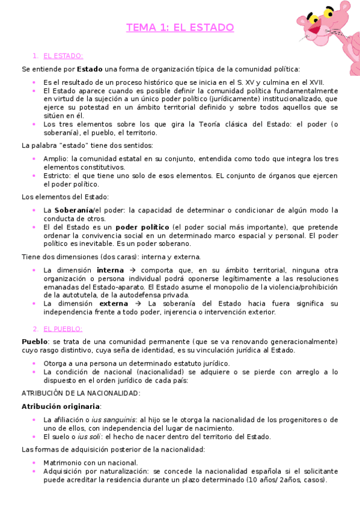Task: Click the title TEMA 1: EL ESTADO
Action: coord(180,28)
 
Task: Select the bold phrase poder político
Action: coord(142,227)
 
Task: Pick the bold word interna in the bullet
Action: coord(110,270)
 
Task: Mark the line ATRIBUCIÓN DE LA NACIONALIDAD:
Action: coord(81,393)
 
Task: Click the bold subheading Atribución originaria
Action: coord(61,406)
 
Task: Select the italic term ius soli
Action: coord(88,437)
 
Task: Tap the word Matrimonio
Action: coord(63,462)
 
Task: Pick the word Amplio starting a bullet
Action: coord(55,158)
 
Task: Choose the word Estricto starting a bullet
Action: coord(57,176)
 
